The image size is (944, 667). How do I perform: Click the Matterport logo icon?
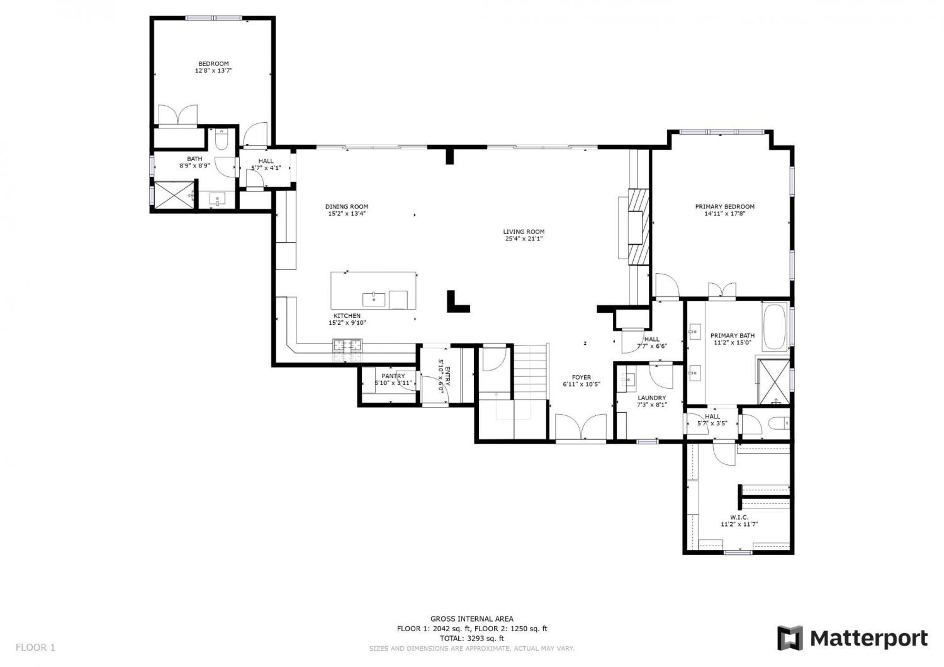pos(790,638)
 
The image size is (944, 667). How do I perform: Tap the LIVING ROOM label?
pos(524,232)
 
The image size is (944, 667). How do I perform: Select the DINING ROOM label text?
pos(346,206)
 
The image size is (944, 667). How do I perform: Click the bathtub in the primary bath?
pos(774,327)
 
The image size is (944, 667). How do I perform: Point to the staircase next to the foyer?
pos(530,371)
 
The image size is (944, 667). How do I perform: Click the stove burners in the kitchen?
pos(347,345)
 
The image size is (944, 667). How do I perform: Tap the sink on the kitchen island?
pos(373,300)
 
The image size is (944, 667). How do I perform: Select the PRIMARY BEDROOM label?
pos(724,206)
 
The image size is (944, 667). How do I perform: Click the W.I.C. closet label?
pos(739,517)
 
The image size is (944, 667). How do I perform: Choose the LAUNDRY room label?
pos(651,397)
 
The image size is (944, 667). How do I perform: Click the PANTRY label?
pos(393,376)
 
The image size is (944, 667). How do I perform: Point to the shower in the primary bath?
pos(773,381)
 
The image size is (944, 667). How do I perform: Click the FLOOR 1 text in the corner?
pos(35,647)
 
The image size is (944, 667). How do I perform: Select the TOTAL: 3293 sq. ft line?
pos(471,638)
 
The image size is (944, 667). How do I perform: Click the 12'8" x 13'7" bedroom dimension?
pos(213,70)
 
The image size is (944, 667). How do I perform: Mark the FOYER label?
pos(581,377)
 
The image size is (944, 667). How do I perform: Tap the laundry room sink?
pos(628,379)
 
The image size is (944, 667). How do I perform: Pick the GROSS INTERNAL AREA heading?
pos(471,619)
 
